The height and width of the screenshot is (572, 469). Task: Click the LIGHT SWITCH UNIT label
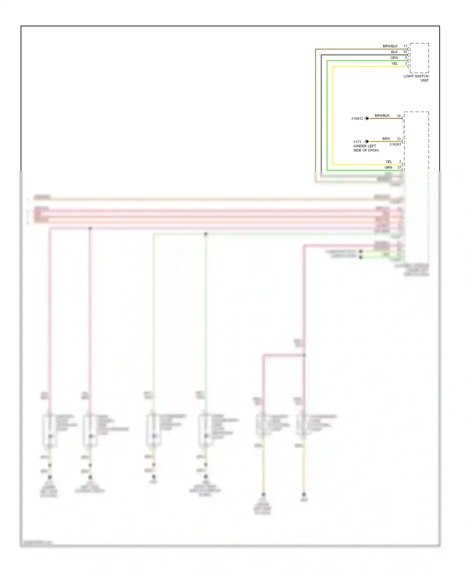[x=416, y=78]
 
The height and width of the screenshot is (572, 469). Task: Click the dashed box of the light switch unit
[x=419, y=58]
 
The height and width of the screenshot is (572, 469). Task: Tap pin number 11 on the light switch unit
[x=405, y=46]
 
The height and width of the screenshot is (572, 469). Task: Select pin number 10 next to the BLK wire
[x=405, y=52]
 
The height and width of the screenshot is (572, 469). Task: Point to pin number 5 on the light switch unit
[x=406, y=58]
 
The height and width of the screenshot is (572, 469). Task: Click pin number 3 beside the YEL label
[x=406, y=64]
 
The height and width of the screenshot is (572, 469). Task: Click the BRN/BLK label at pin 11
[x=390, y=46]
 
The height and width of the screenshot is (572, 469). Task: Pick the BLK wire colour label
[x=394, y=52]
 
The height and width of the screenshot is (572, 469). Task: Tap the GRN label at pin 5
[x=394, y=58]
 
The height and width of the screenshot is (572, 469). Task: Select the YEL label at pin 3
[x=395, y=64]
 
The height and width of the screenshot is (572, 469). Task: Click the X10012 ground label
[x=357, y=119]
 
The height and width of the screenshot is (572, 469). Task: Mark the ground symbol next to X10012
[x=366, y=118]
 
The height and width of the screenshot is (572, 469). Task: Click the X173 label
[x=357, y=142]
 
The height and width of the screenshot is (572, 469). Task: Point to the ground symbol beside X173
[x=366, y=141]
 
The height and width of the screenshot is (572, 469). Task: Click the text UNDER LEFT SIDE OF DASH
[x=366, y=148]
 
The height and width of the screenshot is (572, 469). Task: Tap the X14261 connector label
[x=395, y=144]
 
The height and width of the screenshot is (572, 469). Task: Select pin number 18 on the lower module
[x=399, y=116]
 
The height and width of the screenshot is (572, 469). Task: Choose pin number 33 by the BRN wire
[x=399, y=139]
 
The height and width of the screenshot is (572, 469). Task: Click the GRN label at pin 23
[x=388, y=167]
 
